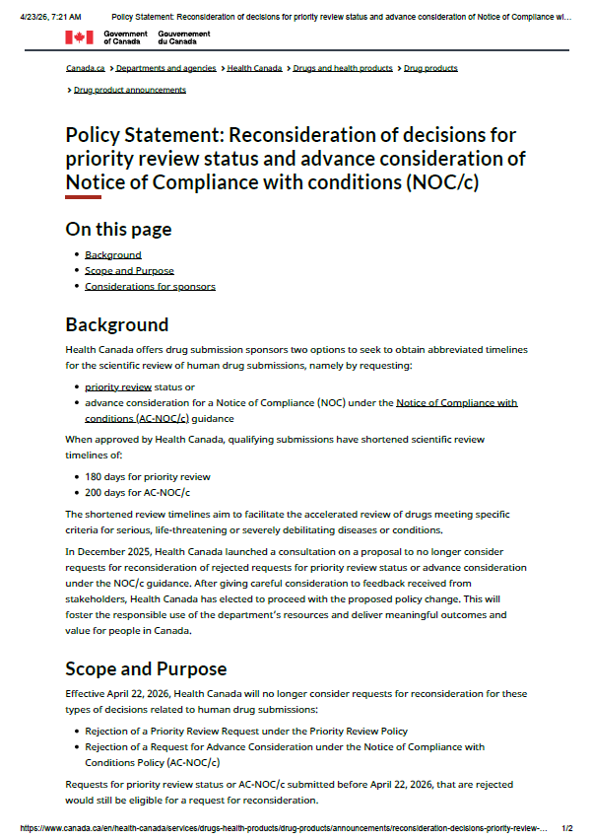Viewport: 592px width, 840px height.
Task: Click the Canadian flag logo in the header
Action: click(x=80, y=37)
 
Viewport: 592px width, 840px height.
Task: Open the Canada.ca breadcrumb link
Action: click(x=86, y=68)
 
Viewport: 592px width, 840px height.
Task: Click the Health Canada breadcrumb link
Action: click(x=254, y=68)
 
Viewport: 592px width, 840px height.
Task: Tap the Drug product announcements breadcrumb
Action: click(x=129, y=90)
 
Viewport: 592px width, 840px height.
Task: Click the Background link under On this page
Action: click(x=112, y=254)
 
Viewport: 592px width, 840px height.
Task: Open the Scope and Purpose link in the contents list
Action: click(x=129, y=270)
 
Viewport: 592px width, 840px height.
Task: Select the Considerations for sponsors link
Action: click(x=150, y=286)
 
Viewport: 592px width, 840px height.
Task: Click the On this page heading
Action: click(x=118, y=229)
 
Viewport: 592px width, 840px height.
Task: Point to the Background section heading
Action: click(x=116, y=324)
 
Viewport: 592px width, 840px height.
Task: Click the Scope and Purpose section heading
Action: click(x=146, y=668)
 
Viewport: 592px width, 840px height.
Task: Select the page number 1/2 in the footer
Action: click(x=566, y=830)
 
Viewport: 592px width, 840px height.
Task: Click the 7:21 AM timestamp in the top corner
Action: click(x=65, y=17)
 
